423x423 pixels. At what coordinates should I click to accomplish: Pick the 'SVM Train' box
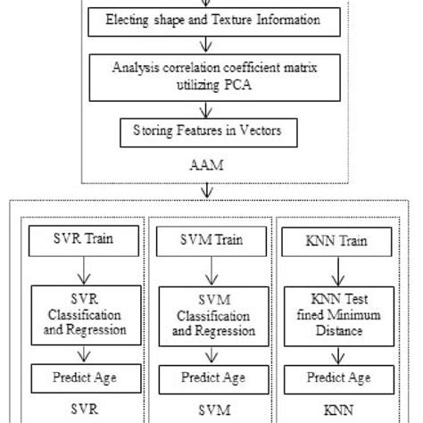click(211, 240)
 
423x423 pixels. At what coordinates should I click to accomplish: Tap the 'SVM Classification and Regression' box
click(211, 314)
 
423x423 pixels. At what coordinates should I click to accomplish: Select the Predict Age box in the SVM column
click(211, 376)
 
